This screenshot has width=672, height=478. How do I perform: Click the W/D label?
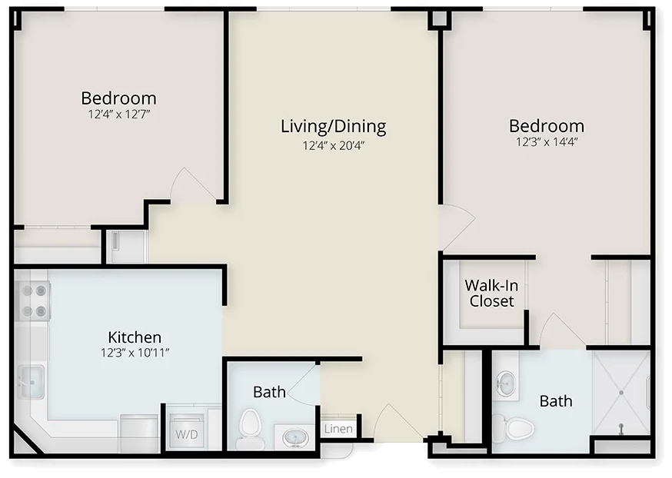pos(187,434)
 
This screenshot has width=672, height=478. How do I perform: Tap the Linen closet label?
pos(338,429)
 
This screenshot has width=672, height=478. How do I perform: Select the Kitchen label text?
pos(135,337)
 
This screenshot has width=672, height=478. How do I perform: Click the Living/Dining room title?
pos(334,126)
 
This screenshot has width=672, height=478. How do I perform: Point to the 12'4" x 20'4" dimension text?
pos(334,145)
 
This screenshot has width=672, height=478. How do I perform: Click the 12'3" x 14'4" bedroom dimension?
pos(547,141)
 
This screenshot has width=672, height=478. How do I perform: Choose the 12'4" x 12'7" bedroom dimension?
pos(119,115)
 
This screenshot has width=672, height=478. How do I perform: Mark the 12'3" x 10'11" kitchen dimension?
pos(135,353)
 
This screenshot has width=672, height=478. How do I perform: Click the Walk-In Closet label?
pos(491,293)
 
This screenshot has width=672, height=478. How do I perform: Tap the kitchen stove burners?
pos(34,300)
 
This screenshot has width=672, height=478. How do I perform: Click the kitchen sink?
pos(31,381)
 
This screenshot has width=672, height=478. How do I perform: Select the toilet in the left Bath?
pos(249,425)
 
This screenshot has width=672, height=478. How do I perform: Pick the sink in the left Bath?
pos(296,438)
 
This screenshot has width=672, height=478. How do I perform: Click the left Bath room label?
pos(269,392)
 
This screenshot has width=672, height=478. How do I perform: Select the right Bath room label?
pos(556,401)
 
